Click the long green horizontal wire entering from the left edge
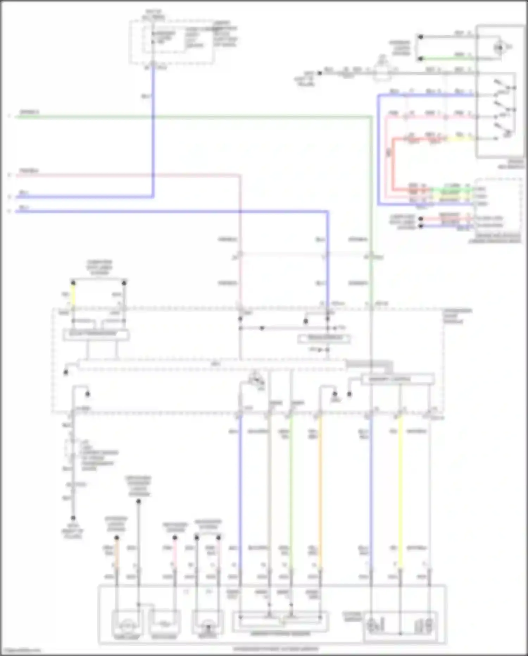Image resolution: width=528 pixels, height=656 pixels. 176,116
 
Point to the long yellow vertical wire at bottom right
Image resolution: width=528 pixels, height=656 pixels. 400,493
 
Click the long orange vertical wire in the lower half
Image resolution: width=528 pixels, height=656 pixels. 320,493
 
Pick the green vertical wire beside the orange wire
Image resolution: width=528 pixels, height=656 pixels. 291,493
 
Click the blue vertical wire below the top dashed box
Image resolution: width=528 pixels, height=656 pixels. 153,123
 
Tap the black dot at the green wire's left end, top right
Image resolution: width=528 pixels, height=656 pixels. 420,59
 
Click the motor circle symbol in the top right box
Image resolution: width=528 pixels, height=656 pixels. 499,47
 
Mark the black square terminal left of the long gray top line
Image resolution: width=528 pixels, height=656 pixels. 320,73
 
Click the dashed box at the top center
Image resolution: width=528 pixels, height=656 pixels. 171,42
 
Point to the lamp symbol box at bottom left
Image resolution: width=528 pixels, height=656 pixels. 127,623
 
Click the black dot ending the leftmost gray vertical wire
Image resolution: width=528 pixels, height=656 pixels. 73,518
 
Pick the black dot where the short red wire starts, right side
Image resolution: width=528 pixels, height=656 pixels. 420,219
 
